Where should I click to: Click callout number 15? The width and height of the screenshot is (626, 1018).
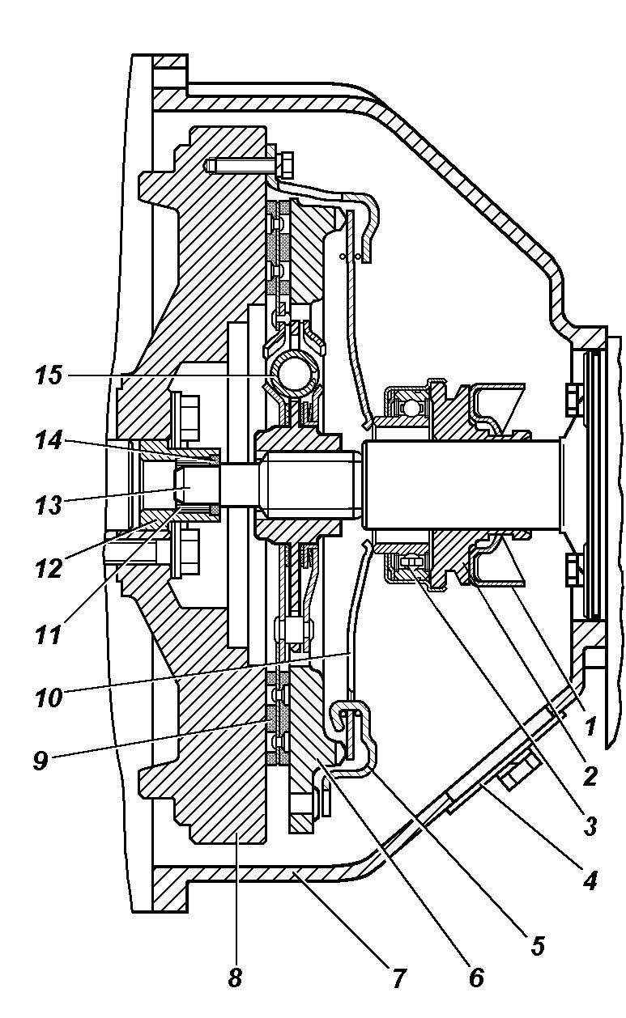click(49, 375)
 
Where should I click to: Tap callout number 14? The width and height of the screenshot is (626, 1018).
click(49, 440)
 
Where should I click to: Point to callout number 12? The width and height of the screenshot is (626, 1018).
click(49, 568)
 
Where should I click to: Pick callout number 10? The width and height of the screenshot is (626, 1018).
click(49, 697)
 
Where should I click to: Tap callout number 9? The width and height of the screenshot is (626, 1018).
click(41, 761)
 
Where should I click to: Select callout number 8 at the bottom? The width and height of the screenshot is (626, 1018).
click(235, 974)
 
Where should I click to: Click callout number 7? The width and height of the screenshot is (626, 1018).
click(398, 974)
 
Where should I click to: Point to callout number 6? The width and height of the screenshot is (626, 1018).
click(476, 974)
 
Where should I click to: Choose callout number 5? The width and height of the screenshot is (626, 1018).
click(537, 944)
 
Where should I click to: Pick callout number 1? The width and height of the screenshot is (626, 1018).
click(590, 726)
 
